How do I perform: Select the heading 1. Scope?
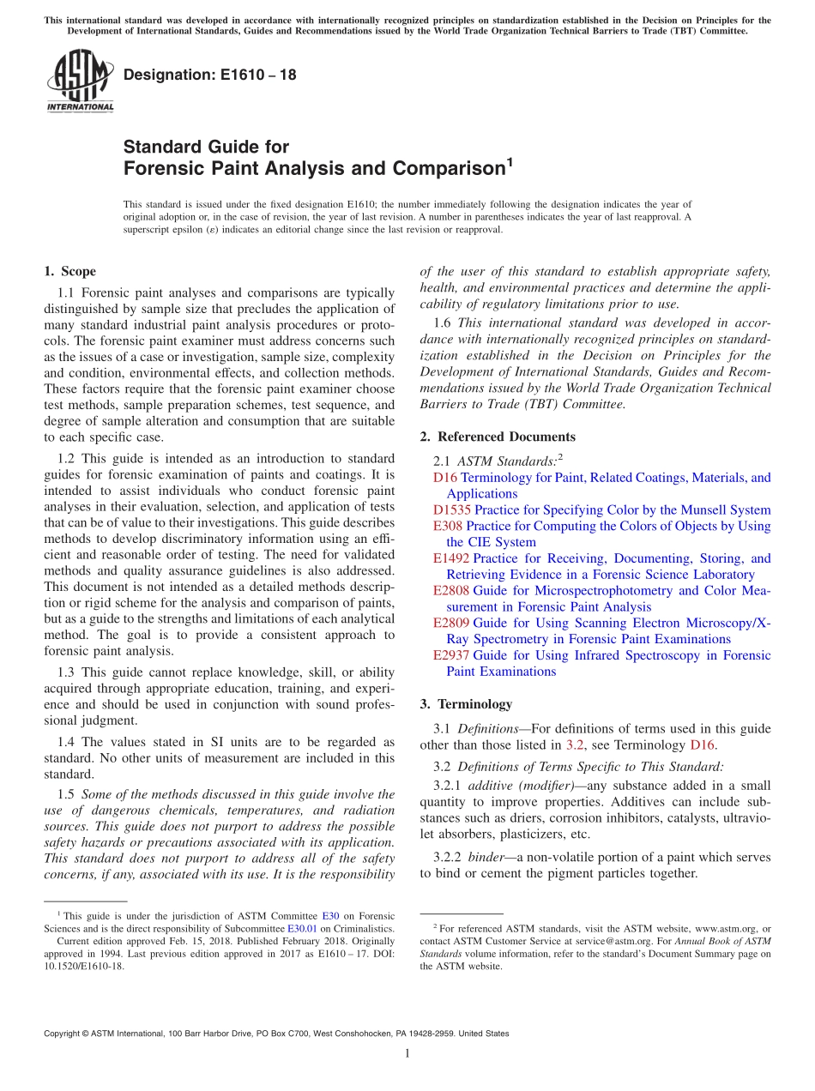(69, 271)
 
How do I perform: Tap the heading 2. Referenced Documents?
(498, 437)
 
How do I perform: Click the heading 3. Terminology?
(466, 704)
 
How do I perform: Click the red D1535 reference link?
(451, 509)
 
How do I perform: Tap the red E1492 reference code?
(451, 558)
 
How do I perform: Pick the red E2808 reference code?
(451, 591)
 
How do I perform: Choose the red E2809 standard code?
(451, 624)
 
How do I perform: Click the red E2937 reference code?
(451, 655)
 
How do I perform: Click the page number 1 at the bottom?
(407, 1053)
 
